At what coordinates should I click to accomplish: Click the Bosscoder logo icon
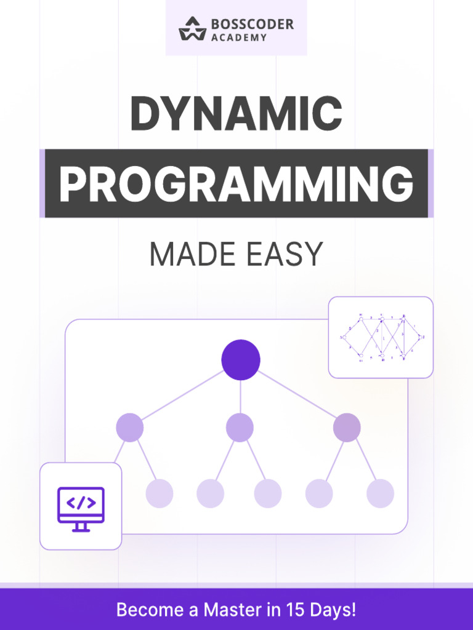pos(192,29)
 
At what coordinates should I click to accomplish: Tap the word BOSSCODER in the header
pos(252,24)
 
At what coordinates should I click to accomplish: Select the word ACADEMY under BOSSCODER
pos(239,38)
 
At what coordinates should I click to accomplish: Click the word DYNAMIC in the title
pos(236,114)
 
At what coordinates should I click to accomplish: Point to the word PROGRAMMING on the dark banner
pos(236,183)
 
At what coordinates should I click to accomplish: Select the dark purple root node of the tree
pos(241,359)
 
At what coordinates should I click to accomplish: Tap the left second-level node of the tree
pos(129,428)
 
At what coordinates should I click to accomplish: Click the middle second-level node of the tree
pos(240,428)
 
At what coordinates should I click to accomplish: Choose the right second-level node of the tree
pos(347,428)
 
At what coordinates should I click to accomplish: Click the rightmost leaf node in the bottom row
pos(380,493)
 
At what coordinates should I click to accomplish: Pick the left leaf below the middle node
pos(210,493)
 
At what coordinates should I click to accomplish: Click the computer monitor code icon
pos(81,509)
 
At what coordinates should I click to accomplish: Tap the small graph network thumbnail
pos(381,337)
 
